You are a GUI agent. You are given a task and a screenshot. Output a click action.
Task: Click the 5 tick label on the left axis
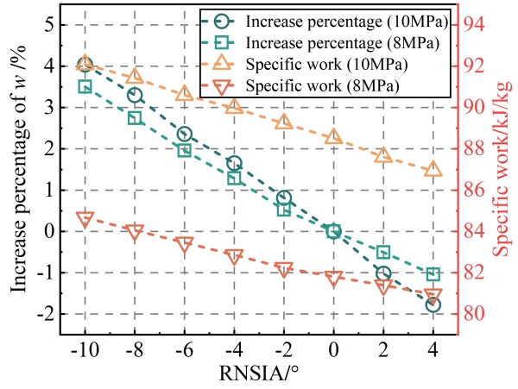pyautogui.click(x=50, y=24)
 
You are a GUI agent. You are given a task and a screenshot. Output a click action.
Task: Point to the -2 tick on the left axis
pyautogui.click(x=47, y=314)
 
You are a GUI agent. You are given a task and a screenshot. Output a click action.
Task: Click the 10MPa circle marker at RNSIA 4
pyautogui.click(x=433, y=304)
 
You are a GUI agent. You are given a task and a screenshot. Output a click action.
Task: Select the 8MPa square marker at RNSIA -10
pyautogui.click(x=85, y=86)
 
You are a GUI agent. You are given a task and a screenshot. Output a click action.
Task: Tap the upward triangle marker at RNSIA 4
pyautogui.click(x=433, y=169)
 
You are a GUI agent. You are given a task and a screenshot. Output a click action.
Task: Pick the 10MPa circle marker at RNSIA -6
pyautogui.click(x=185, y=134)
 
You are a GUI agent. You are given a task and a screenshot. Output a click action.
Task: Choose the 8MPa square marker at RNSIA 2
pyautogui.click(x=383, y=252)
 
